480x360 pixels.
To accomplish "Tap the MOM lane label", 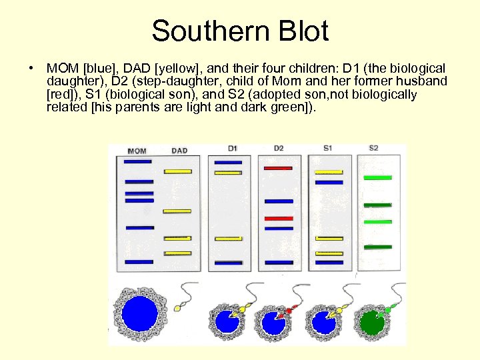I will (x=137, y=151).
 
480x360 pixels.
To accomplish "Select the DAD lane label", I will (x=179, y=151).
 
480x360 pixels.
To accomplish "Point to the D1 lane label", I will (x=232, y=148).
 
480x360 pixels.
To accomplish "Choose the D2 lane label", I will (x=279, y=148).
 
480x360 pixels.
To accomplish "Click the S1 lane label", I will (x=328, y=148).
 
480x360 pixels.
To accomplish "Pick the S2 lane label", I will (x=373, y=148).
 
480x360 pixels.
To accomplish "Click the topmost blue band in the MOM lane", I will (x=138, y=161).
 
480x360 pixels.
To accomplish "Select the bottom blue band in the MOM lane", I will (x=139, y=261).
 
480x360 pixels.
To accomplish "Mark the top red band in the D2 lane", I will (x=278, y=168).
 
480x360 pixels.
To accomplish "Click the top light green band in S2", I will (x=377, y=178).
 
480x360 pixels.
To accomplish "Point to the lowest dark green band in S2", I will (x=377, y=247).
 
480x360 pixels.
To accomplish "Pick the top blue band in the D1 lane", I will (x=228, y=161).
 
